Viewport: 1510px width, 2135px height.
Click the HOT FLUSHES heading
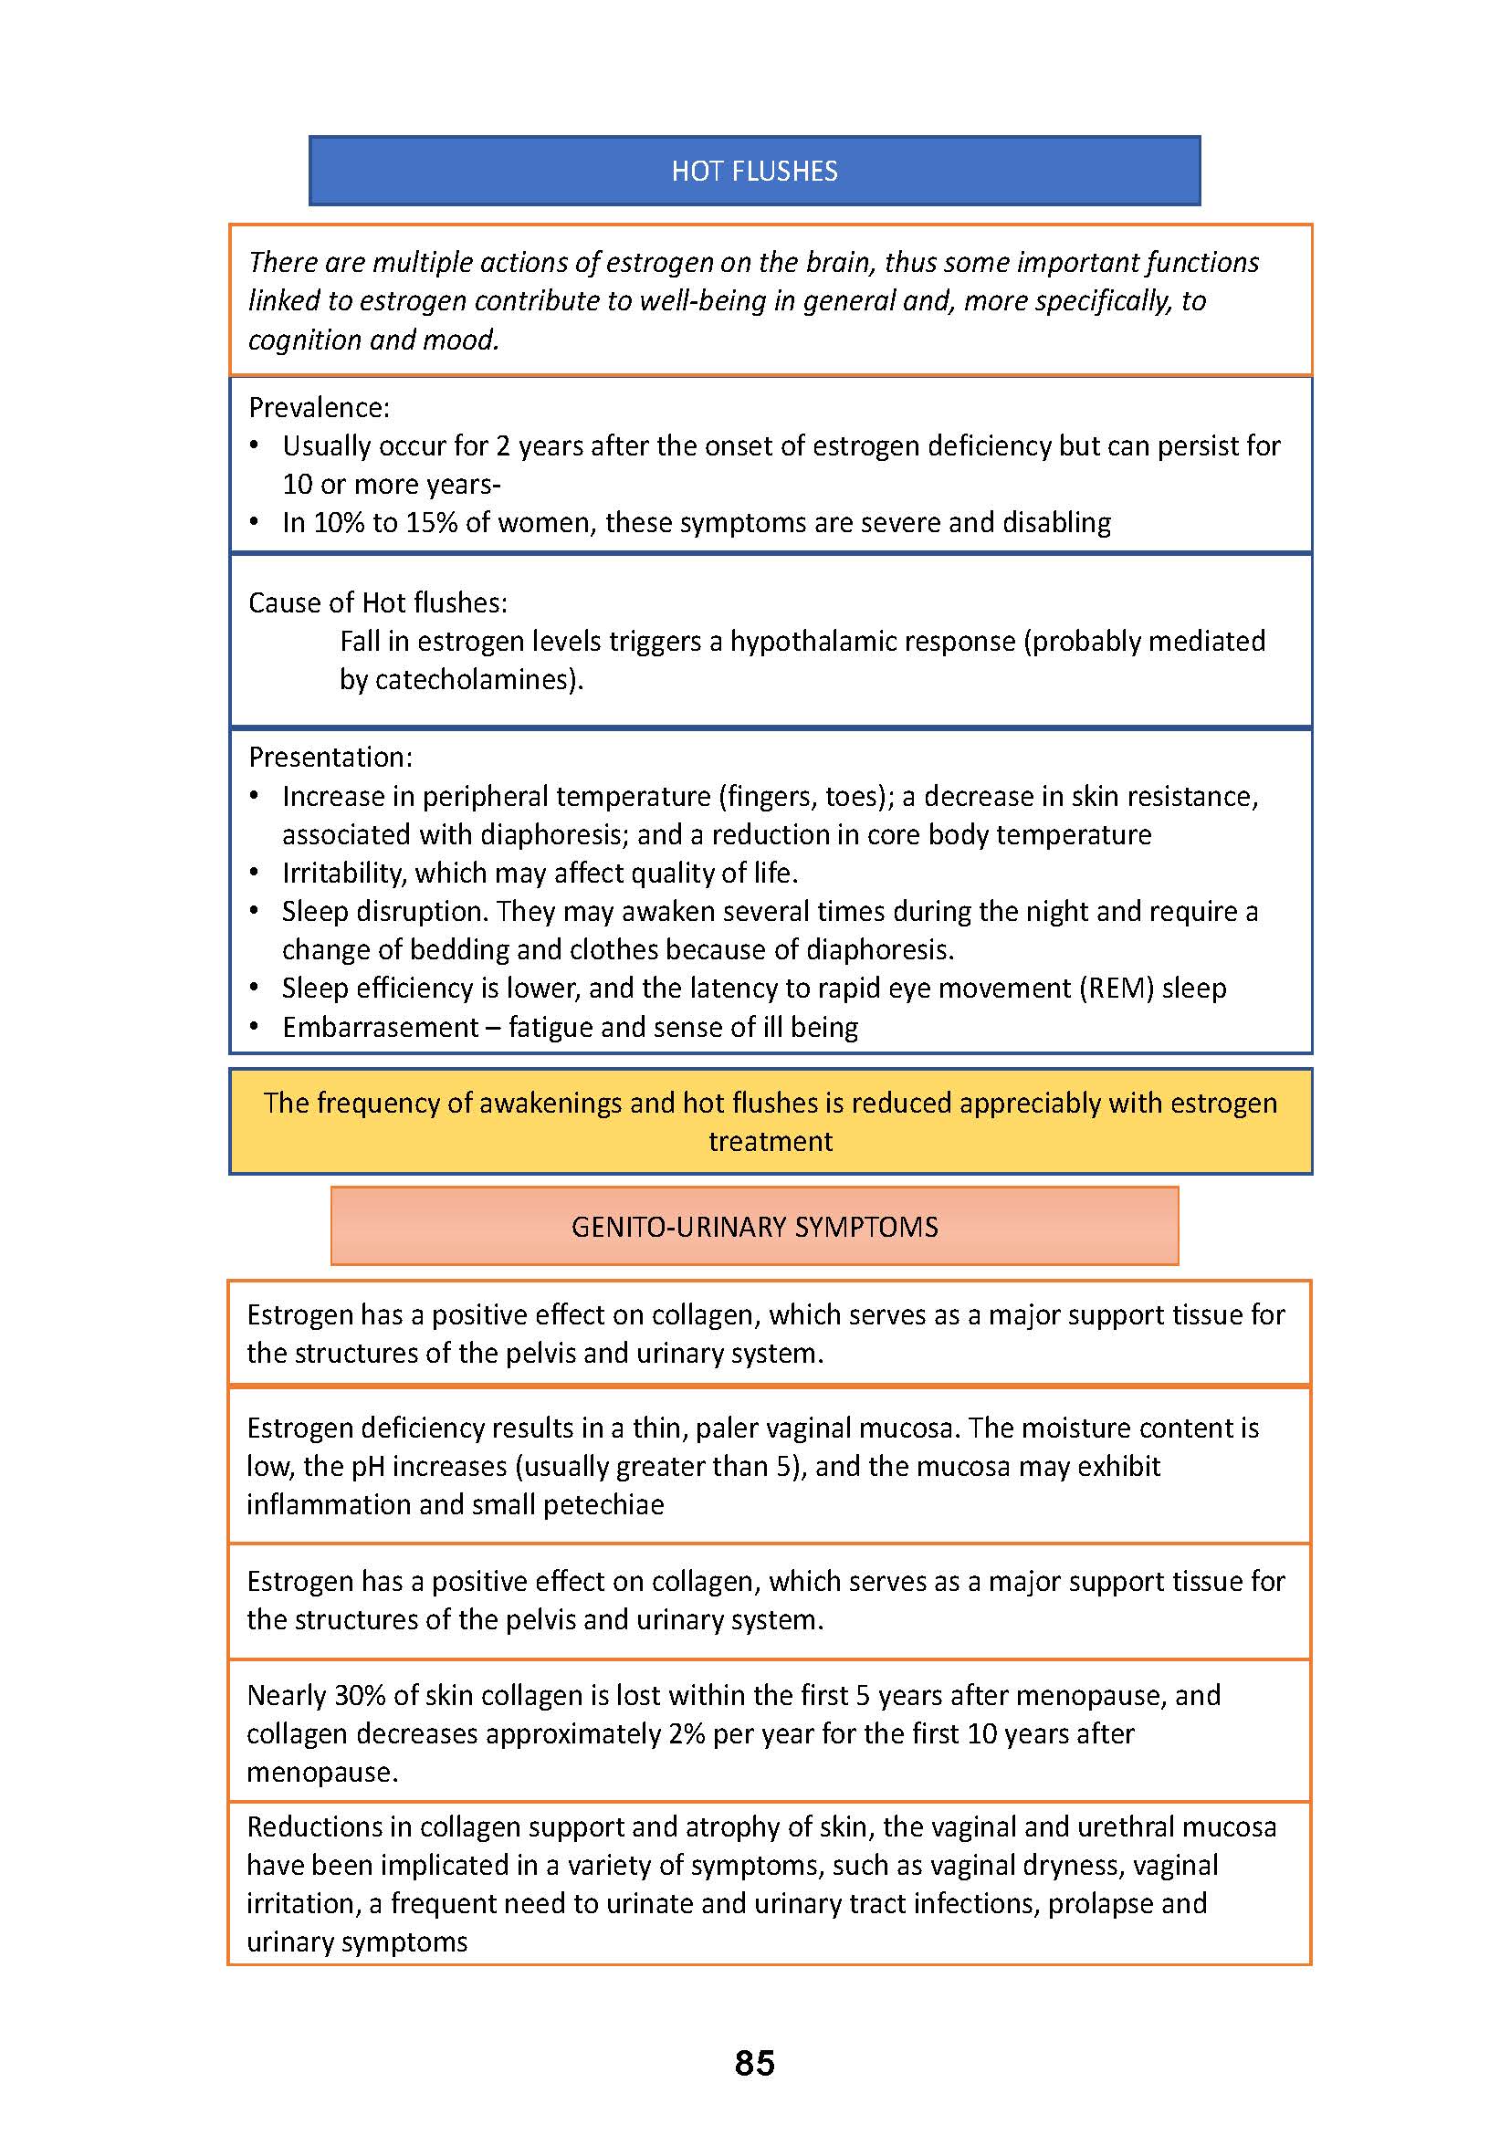click(x=754, y=171)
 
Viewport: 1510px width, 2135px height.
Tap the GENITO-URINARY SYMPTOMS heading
click(x=754, y=1227)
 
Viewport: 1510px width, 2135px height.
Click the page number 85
click(x=754, y=2063)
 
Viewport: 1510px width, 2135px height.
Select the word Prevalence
click(x=316, y=407)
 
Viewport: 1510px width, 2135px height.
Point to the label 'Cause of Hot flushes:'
click(x=378, y=602)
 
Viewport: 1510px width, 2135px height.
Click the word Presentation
click(x=328, y=757)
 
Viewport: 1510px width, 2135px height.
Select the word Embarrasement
click(x=381, y=1027)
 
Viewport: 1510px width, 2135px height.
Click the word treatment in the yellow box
click(x=770, y=1141)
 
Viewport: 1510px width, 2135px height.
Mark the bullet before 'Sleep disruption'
click(x=254, y=911)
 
